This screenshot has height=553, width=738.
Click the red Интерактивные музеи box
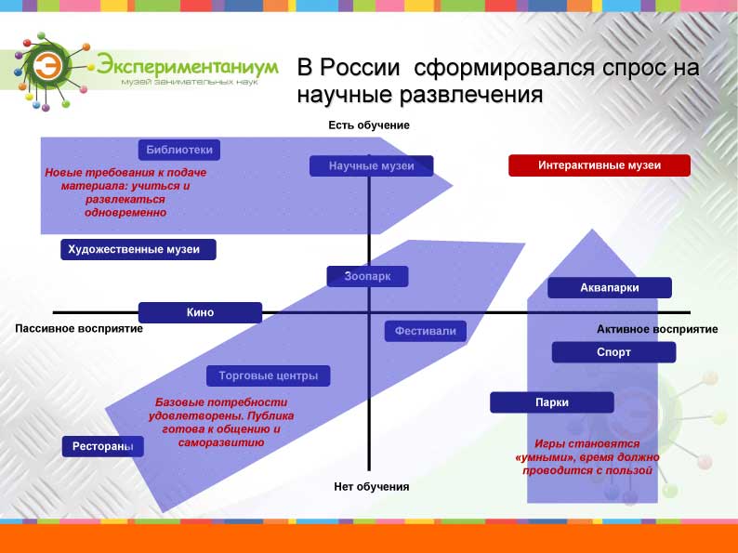(x=600, y=165)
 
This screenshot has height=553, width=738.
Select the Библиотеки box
(x=178, y=151)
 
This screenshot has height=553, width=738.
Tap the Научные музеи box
(x=372, y=166)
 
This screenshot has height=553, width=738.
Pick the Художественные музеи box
(x=138, y=249)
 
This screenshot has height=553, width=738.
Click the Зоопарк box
(x=367, y=276)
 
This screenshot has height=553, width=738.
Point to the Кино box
(x=200, y=312)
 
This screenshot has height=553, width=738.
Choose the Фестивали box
(x=426, y=331)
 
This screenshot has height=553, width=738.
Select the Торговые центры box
(x=269, y=376)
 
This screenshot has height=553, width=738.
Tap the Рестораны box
(x=102, y=447)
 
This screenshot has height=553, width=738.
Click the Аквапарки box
(x=610, y=287)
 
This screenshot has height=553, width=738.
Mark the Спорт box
(x=613, y=352)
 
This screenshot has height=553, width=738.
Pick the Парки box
(x=552, y=402)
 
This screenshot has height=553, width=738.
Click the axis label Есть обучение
(x=369, y=125)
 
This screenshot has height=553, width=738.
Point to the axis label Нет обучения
(x=372, y=487)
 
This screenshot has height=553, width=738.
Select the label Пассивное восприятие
(x=79, y=328)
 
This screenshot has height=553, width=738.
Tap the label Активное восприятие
(x=657, y=329)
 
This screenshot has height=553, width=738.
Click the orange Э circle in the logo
(x=47, y=66)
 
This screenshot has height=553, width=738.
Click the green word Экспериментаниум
(x=188, y=65)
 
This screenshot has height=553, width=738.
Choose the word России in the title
(x=360, y=67)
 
